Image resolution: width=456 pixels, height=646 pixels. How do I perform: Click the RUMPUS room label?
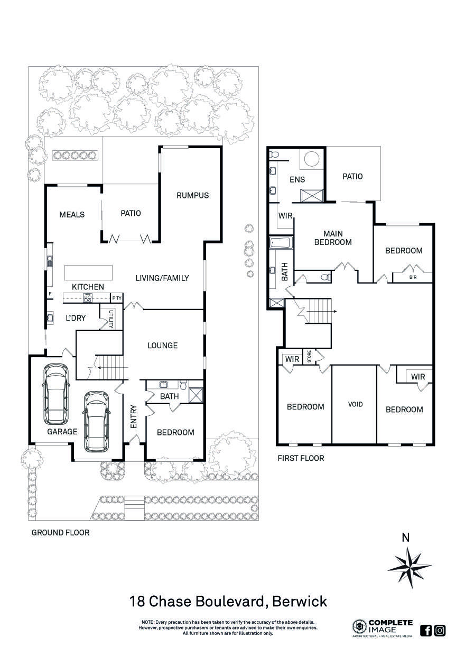coord(192,195)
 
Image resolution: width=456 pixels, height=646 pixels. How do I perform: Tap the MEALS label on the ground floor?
coord(72,214)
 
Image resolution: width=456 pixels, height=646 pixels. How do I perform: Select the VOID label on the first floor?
coord(356,404)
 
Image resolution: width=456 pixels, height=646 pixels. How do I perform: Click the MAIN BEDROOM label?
coord(333,238)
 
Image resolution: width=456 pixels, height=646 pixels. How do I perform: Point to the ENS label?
coord(297,179)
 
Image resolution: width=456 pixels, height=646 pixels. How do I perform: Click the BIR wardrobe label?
coord(413,277)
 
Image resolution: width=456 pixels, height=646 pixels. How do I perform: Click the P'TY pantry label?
coord(116,298)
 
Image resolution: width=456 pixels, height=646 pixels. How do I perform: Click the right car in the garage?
coord(96,422)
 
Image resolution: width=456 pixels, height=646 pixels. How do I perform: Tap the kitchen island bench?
coord(88,273)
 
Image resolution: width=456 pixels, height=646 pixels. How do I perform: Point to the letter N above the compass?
coord(406,539)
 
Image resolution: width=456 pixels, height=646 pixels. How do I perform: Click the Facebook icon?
coord(426,630)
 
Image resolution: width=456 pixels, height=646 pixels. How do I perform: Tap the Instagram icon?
coord(440,630)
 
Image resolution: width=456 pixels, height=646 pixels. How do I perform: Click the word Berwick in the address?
coord(300,602)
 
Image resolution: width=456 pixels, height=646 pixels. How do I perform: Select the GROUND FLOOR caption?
coord(60,533)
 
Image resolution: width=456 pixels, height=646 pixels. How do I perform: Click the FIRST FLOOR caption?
coord(301,458)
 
